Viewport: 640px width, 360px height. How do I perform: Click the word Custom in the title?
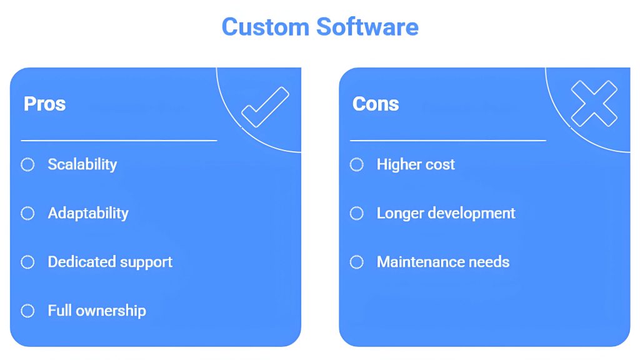coord(265,27)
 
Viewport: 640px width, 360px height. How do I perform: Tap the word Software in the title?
coord(367,27)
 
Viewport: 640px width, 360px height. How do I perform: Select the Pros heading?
coord(44,104)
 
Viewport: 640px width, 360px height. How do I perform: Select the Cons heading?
coord(376,104)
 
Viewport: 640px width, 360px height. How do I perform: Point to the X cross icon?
coord(594,104)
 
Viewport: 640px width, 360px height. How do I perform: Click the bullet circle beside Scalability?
coord(27,164)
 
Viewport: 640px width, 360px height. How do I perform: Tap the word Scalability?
coord(82,164)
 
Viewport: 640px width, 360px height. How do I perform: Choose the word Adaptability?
coord(88,214)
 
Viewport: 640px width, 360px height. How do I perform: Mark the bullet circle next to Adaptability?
coord(27,213)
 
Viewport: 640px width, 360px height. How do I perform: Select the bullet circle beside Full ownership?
coord(27,311)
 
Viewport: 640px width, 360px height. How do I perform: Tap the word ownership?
coord(111,311)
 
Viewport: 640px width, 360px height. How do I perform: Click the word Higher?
coord(399,165)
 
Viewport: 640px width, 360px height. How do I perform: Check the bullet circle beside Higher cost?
coord(357,164)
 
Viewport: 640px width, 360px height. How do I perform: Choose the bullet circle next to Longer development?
coord(357,213)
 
